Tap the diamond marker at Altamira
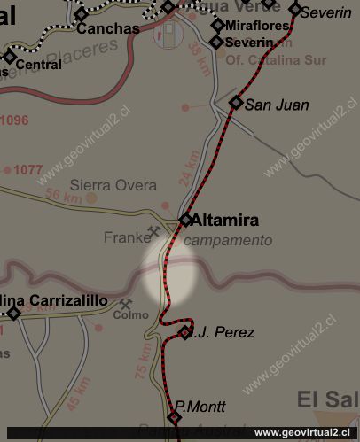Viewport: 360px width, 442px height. tap(186, 220)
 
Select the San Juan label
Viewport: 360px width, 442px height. tap(277, 105)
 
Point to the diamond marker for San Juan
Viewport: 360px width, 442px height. tap(236, 102)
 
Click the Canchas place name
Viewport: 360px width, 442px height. tap(108, 28)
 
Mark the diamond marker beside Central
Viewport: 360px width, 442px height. tap(10, 58)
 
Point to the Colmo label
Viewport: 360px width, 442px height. tap(130, 314)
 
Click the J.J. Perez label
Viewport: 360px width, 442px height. tap(223, 333)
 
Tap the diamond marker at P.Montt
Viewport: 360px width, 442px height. tap(175, 417)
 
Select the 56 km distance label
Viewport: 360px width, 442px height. tap(63, 197)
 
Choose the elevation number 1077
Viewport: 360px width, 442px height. tap(28, 168)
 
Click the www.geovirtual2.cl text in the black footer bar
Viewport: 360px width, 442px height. tap(306, 432)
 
